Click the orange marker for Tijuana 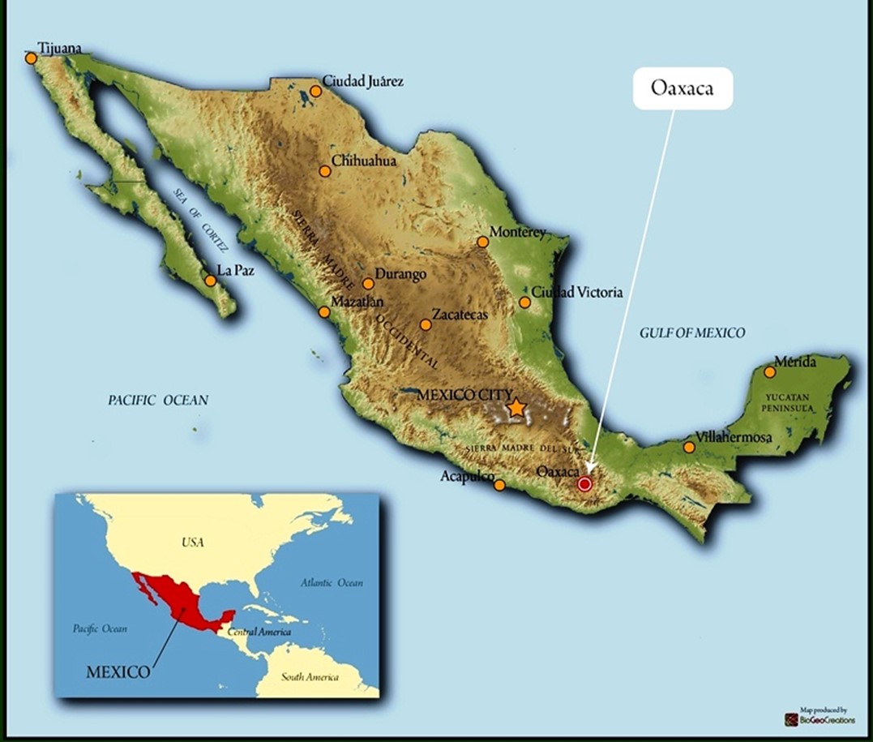(x=31, y=58)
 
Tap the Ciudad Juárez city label (x=362, y=81)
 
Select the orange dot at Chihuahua (x=325, y=171)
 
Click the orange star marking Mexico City (x=516, y=408)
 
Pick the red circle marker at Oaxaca (x=584, y=484)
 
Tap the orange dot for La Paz (x=211, y=281)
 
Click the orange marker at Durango (x=368, y=284)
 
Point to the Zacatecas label (x=460, y=315)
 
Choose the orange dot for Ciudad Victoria (x=524, y=302)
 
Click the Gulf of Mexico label (x=691, y=332)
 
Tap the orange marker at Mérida (x=770, y=373)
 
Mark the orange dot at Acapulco (x=500, y=485)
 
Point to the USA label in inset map (x=193, y=542)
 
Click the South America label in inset (x=310, y=677)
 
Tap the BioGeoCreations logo (x=820, y=718)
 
